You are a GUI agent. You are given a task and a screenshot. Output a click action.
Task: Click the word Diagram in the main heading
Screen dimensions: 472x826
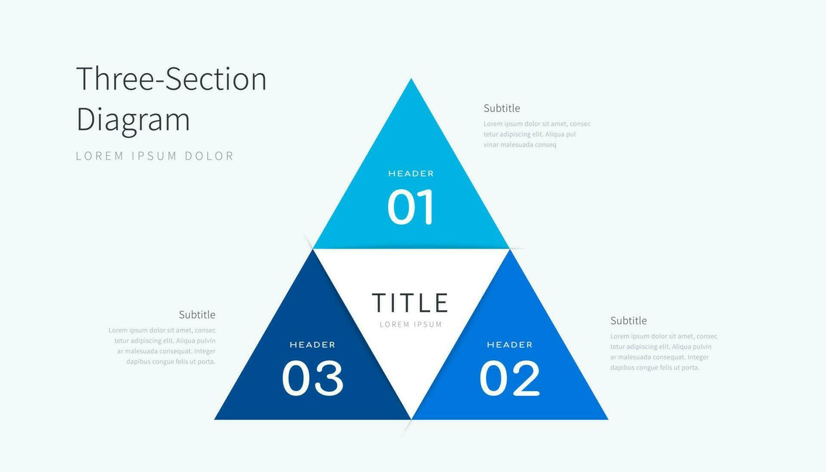133,119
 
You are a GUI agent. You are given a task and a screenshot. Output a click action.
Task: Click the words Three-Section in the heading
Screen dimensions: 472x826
171,79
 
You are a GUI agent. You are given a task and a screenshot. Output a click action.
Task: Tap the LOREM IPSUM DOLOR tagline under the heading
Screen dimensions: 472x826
155,156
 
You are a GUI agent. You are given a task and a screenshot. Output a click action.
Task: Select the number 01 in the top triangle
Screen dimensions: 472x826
411,207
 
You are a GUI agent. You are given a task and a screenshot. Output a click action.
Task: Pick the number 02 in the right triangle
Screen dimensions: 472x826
510,379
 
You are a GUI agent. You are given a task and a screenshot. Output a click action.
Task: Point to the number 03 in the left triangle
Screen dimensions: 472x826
313,379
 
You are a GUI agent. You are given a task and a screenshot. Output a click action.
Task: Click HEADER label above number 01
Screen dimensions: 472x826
411,173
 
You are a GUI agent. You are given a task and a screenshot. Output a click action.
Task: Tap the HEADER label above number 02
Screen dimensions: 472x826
510,345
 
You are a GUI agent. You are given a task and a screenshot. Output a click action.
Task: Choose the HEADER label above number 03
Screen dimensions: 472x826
313,345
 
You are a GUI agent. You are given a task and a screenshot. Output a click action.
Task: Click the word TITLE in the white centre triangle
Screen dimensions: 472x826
410,303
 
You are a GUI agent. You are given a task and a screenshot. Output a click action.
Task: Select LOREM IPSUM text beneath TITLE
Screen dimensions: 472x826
411,325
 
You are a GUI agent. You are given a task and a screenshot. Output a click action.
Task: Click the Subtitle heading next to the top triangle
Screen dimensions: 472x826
502,108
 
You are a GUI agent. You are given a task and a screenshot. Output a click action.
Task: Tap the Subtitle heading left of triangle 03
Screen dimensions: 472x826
197,315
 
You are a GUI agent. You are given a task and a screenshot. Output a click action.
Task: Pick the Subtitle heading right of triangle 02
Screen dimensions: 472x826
629,321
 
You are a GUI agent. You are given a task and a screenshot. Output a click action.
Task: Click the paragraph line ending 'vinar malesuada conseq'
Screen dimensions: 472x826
520,145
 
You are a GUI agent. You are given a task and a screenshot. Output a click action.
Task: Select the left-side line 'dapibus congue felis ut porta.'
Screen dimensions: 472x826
171,362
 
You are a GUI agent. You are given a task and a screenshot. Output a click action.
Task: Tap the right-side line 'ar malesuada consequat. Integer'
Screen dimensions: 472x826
659,357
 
